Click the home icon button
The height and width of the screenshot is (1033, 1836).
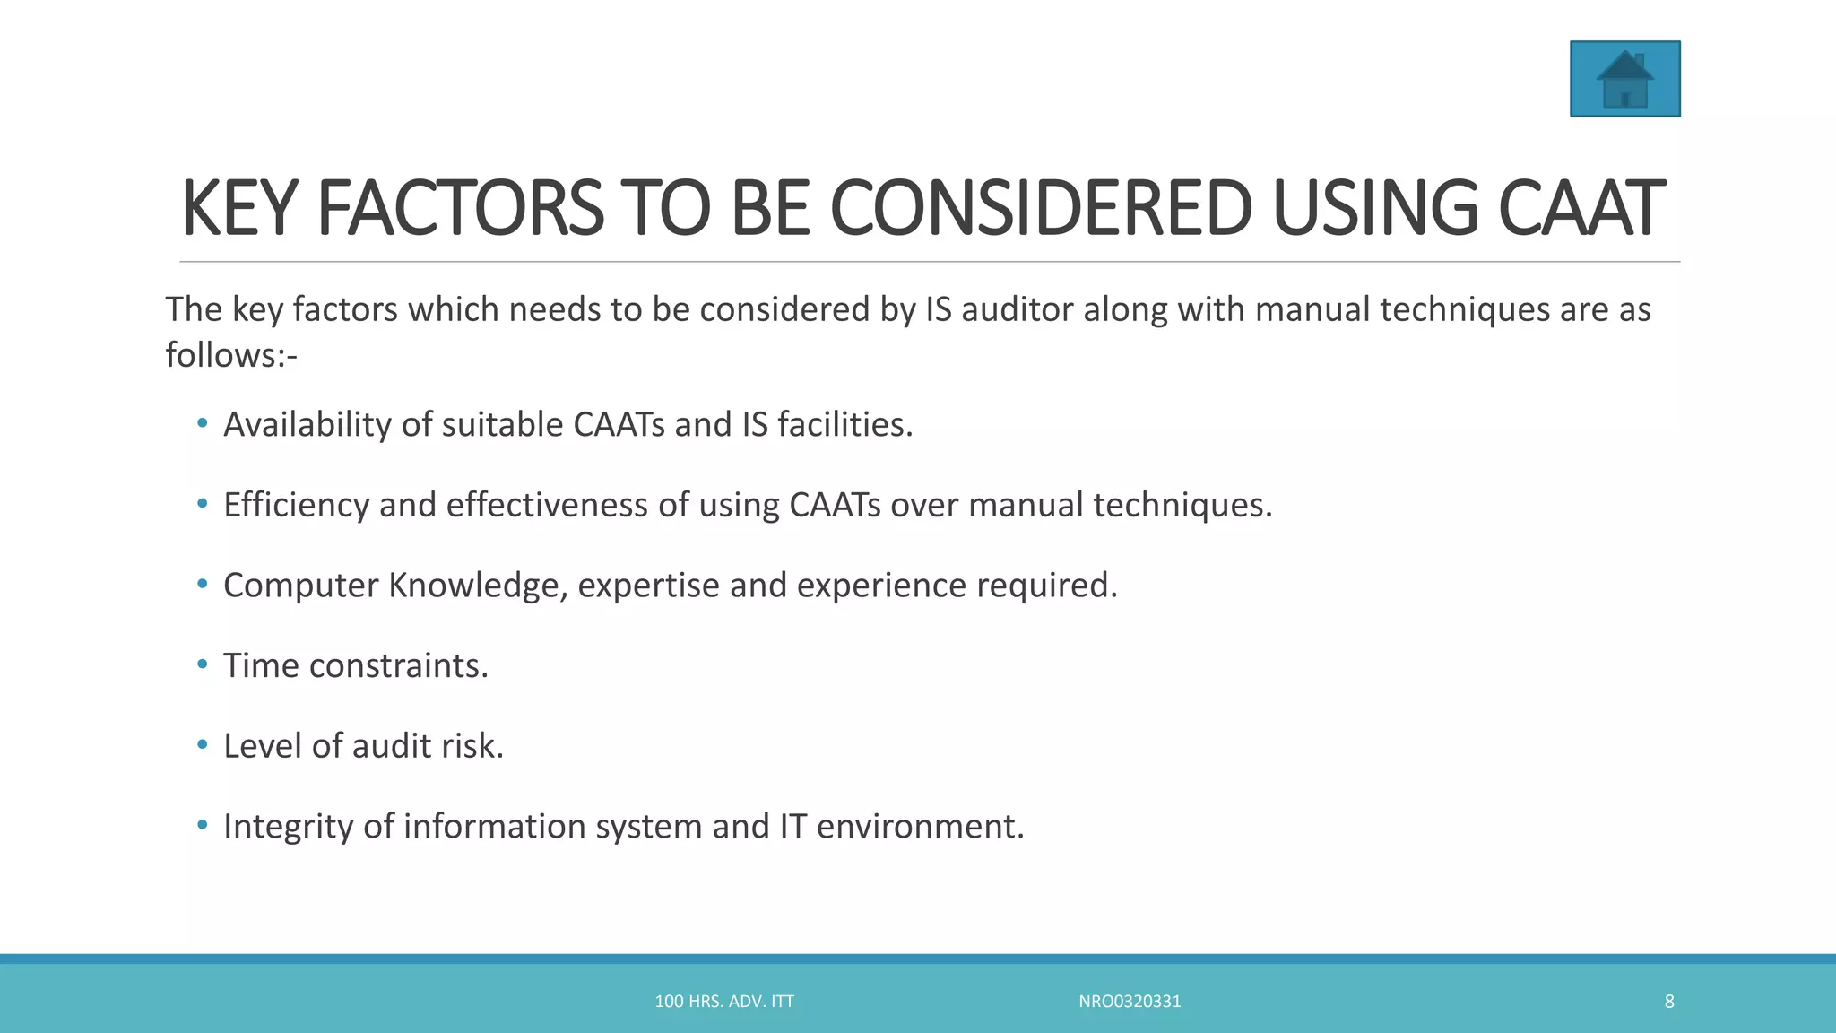pyautogui.click(x=1624, y=79)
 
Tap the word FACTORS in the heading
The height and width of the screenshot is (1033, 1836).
pyautogui.click(x=460, y=209)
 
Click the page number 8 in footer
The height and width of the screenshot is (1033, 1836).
pyautogui.click(x=1669, y=1002)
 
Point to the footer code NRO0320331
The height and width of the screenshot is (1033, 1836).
pyautogui.click(x=1130, y=1002)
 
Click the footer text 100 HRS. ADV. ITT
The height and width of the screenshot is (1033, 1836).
pyautogui.click(x=724, y=1002)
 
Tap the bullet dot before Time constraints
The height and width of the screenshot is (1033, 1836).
pyautogui.click(x=203, y=664)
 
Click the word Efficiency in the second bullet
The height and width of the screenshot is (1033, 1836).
pyautogui.click(x=296, y=506)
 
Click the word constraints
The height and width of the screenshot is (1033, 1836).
pyautogui.click(x=399, y=666)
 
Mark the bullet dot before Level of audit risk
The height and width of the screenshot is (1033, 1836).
pyautogui.click(x=203, y=744)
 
